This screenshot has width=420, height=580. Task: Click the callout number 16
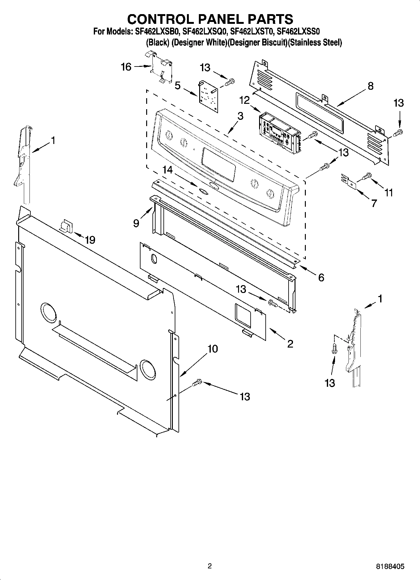pyautogui.click(x=126, y=67)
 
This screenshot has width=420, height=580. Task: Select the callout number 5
pyautogui.click(x=178, y=86)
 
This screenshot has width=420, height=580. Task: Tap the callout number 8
pyautogui.click(x=370, y=86)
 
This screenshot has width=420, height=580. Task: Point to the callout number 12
pyautogui.click(x=244, y=100)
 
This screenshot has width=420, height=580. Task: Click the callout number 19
pyautogui.click(x=90, y=240)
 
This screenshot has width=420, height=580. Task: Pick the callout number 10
pyautogui.click(x=213, y=349)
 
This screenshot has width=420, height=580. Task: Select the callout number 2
pyautogui.click(x=290, y=344)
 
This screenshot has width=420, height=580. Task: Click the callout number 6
pyautogui.click(x=321, y=277)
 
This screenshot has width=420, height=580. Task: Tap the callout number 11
pyautogui.click(x=389, y=192)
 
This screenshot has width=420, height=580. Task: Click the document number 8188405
pyautogui.click(x=390, y=567)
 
